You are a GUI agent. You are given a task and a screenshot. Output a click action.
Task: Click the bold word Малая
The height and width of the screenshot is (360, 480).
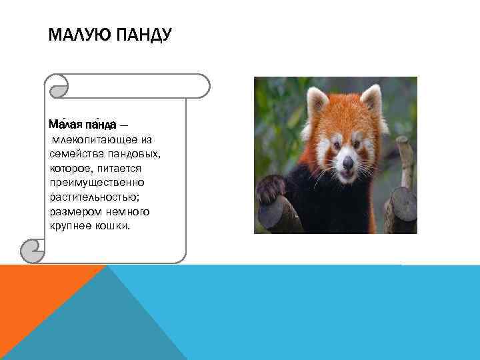pyautogui.click(x=65, y=125)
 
